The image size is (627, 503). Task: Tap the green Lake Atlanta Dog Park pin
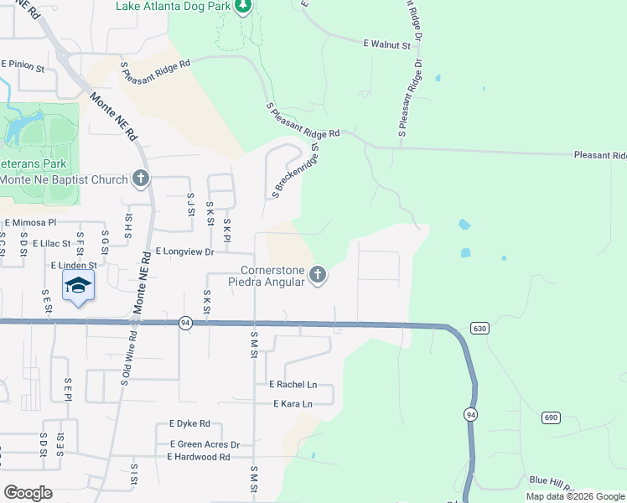(x=243, y=8)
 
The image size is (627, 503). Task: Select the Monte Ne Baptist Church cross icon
(x=140, y=179)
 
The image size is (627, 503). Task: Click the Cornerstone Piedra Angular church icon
(x=317, y=274)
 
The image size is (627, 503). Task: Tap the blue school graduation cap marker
(x=79, y=286)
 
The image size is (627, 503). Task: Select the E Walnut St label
(x=387, y=43)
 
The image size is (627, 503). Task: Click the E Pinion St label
(x=23, y=64)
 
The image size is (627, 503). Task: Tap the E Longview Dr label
(x=185, y=251)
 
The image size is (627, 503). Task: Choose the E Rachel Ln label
(x=293, y=384)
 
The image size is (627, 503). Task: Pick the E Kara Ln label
(x=293, y=404)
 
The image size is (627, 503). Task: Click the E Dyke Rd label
(x=189, y=424)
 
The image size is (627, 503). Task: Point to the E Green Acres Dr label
(x=205, y=444)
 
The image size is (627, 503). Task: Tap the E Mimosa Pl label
(x=30, y=223)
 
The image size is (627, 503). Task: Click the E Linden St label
(x=75, y=265)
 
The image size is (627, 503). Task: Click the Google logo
(x=28, y=493)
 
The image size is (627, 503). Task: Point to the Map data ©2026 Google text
(x=574, y=496)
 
